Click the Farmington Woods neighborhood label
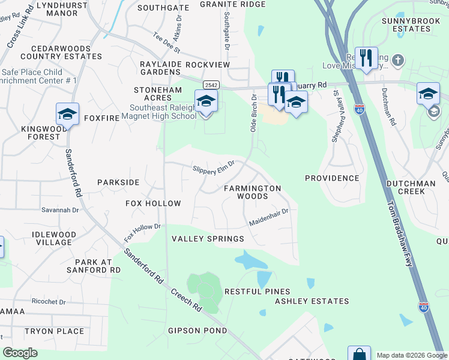pos(252,192)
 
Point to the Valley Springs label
pos(208,239)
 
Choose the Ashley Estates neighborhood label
pos(312,301)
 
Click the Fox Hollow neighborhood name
pos(153,203)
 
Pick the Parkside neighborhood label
pos(118,182)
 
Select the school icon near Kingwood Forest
pos(68,114)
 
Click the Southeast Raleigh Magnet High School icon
pos(206,101)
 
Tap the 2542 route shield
pos(211,85)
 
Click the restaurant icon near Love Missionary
pos(366,58)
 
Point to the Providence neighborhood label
pos(331,178)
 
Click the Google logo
pos(20,353)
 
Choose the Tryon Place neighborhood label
pos(54,331)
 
